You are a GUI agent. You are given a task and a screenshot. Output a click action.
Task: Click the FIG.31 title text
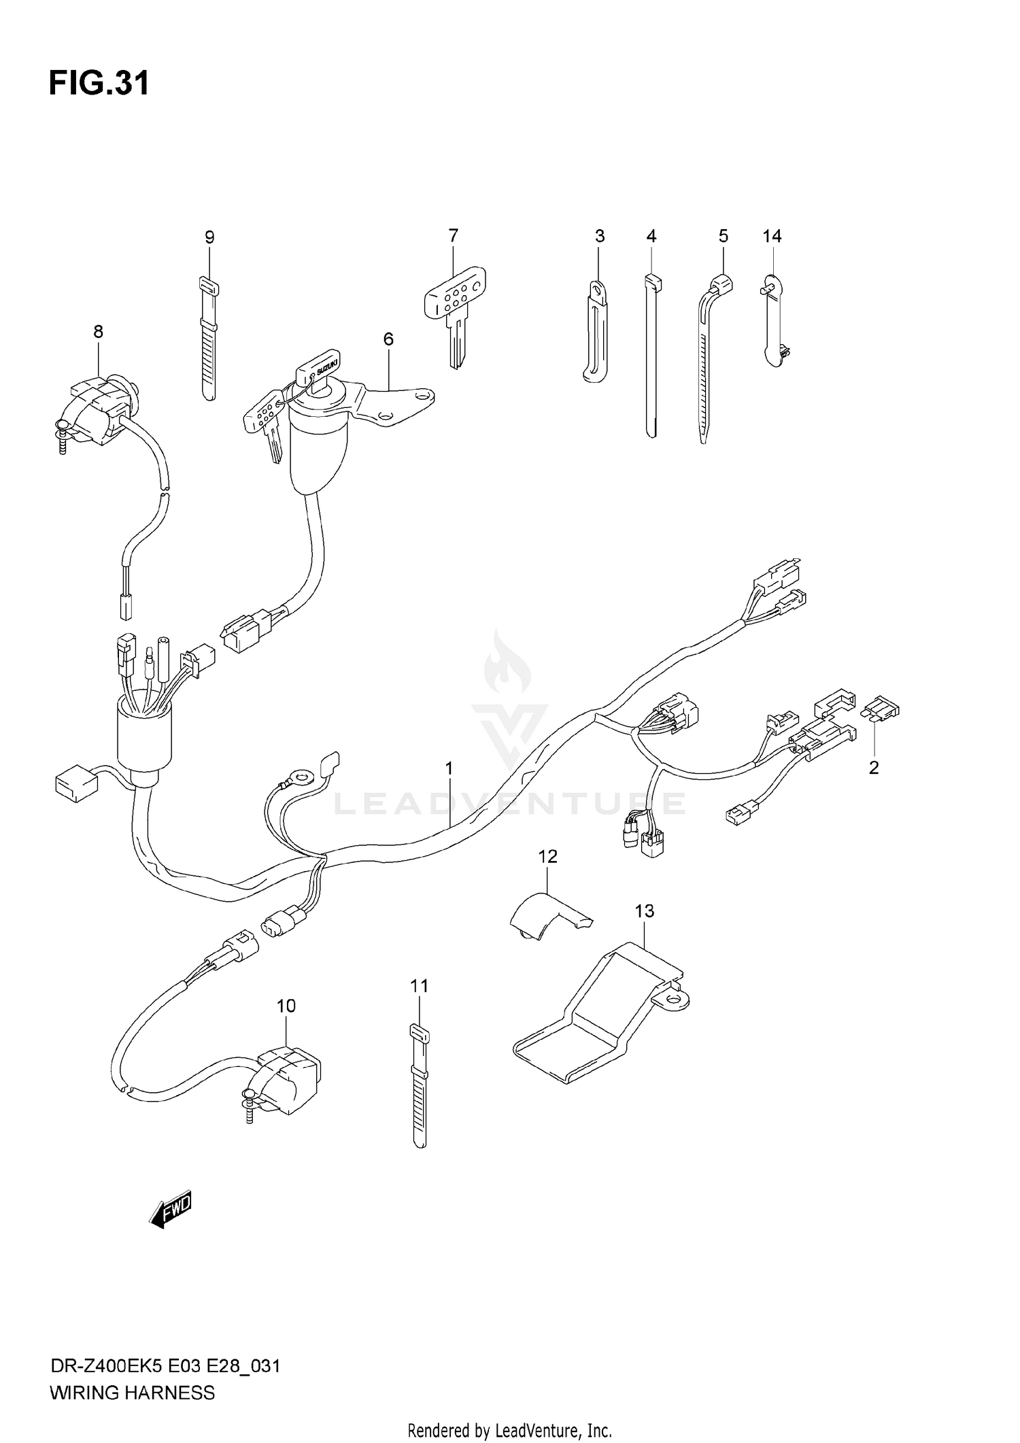coord(99,84)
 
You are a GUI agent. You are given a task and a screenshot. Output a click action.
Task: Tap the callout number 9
coord(209,237)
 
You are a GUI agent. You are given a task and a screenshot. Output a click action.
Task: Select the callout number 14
coord(772,236)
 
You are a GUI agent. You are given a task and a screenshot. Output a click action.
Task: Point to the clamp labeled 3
coord(596,333)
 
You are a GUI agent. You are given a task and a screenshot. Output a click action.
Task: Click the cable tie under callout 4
coord(651,354)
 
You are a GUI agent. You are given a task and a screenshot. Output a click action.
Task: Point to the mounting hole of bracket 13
coord(675,999)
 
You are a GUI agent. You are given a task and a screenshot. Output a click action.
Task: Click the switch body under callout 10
coord(286,1081)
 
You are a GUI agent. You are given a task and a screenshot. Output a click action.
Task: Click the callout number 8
coord(99,332)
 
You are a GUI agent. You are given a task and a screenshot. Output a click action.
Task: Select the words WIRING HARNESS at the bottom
coord(132,1393)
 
